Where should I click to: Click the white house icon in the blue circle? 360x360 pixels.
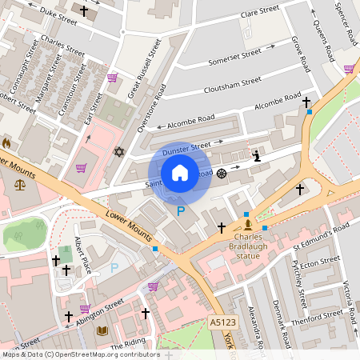click(x=180, y=173)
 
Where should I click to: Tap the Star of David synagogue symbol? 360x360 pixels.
click(x=121, y=151)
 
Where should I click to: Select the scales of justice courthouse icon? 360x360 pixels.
click(x=19, y=185)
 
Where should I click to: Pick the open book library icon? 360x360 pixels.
click(x=102, y=330)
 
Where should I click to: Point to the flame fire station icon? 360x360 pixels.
click(x=7, y=142)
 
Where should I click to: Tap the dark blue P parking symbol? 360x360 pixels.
click(x=181, y=210)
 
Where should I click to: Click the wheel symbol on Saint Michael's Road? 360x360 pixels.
click(x=222, y=173)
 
